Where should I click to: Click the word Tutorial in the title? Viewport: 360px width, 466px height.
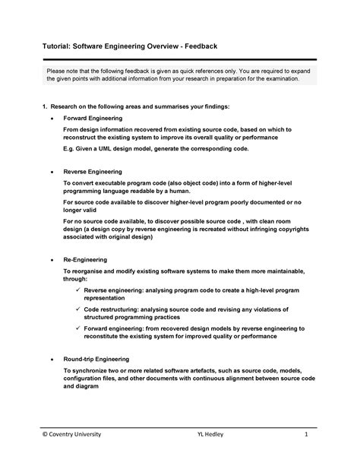tap(58, 48)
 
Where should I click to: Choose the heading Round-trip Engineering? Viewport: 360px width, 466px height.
tap(96, 358)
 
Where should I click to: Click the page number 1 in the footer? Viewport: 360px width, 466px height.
tap(305, 434)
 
